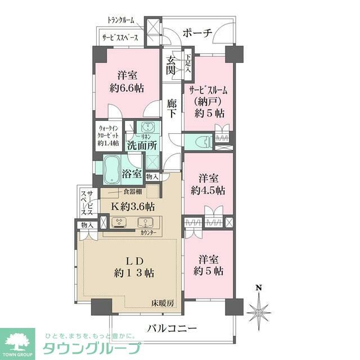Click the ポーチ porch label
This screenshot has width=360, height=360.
click(197, 33)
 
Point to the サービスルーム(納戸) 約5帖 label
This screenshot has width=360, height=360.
click(206, 101)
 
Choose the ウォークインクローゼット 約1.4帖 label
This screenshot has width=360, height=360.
click(109, 135)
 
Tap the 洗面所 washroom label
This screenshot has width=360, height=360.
click(142, 145)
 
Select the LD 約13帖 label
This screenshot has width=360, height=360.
click(133, 267)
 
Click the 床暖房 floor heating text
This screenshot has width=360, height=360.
click(163, 303)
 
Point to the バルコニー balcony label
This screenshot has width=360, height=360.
click(172, 328)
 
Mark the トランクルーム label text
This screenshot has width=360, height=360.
click(121, 21)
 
